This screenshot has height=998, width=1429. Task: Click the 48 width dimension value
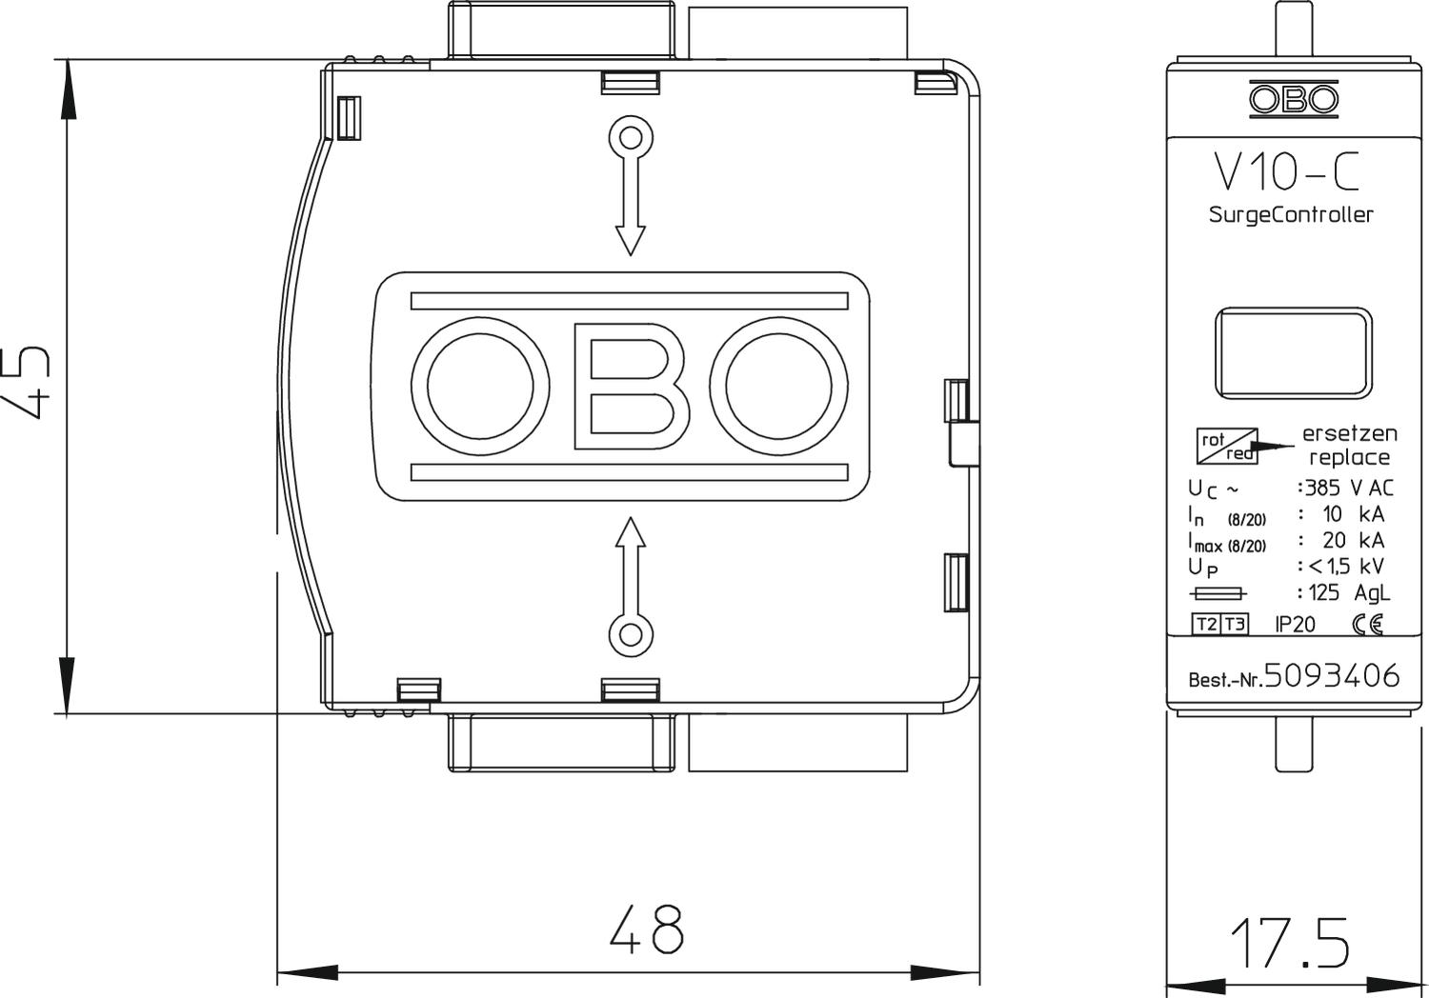[646, 928]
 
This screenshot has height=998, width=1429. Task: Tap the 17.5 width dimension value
[1289, 943]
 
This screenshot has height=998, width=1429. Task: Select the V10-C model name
[1286, 171]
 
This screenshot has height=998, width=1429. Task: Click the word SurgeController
[1291, 215]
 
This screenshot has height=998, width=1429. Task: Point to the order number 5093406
[1332, 676]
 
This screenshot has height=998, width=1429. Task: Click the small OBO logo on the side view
[1293, 99]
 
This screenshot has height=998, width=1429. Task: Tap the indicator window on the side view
[1293, 352]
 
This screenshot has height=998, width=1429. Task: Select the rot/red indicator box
[1227, 446]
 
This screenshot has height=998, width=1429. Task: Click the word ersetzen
[1349, 433]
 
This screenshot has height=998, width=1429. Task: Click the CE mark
[1367, 625]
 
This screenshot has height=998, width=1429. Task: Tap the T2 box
[1206, 625]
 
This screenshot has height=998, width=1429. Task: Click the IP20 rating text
[1295, 625]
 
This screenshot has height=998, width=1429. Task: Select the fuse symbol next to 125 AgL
[1218, 593]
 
